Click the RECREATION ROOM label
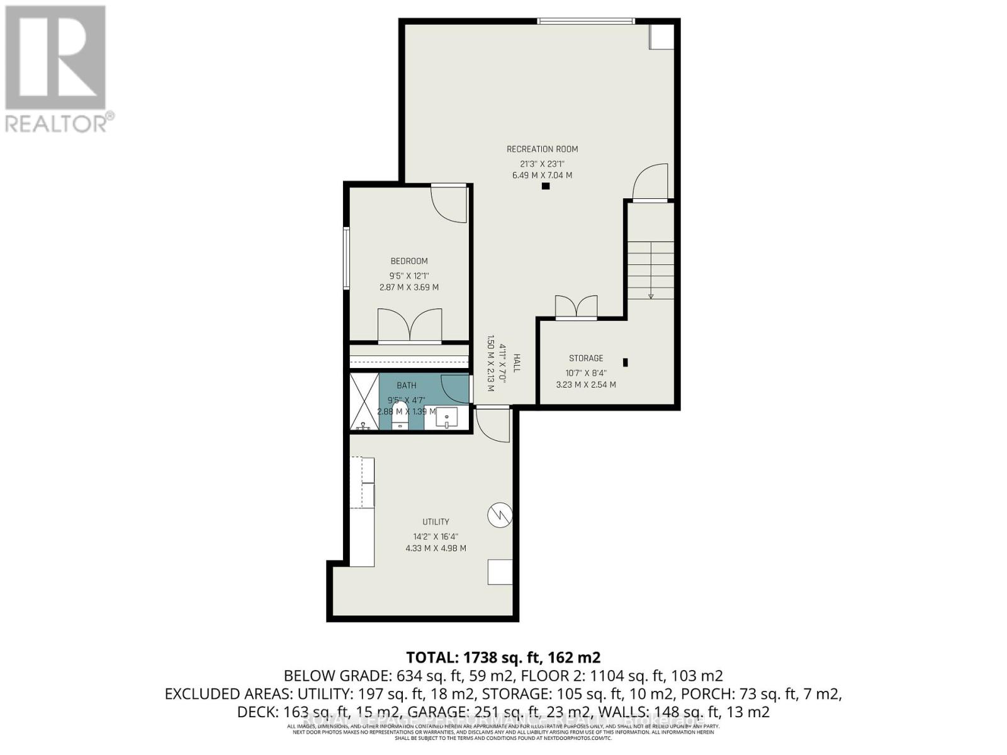(542, 149)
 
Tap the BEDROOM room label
(408, 261)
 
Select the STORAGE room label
(586, 358)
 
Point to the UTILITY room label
(436, 522)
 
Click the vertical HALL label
(517, 363)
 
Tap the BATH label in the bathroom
(406, 385)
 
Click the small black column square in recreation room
(546, 186)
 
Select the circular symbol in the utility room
(500, 516)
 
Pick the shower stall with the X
(364, 401)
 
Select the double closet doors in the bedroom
(409, 326)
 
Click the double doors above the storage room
(576, 308)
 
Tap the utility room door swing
(493, 425)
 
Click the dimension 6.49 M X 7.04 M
(542, 176)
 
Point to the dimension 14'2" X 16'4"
(436, 537)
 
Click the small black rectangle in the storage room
(625, 362)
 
